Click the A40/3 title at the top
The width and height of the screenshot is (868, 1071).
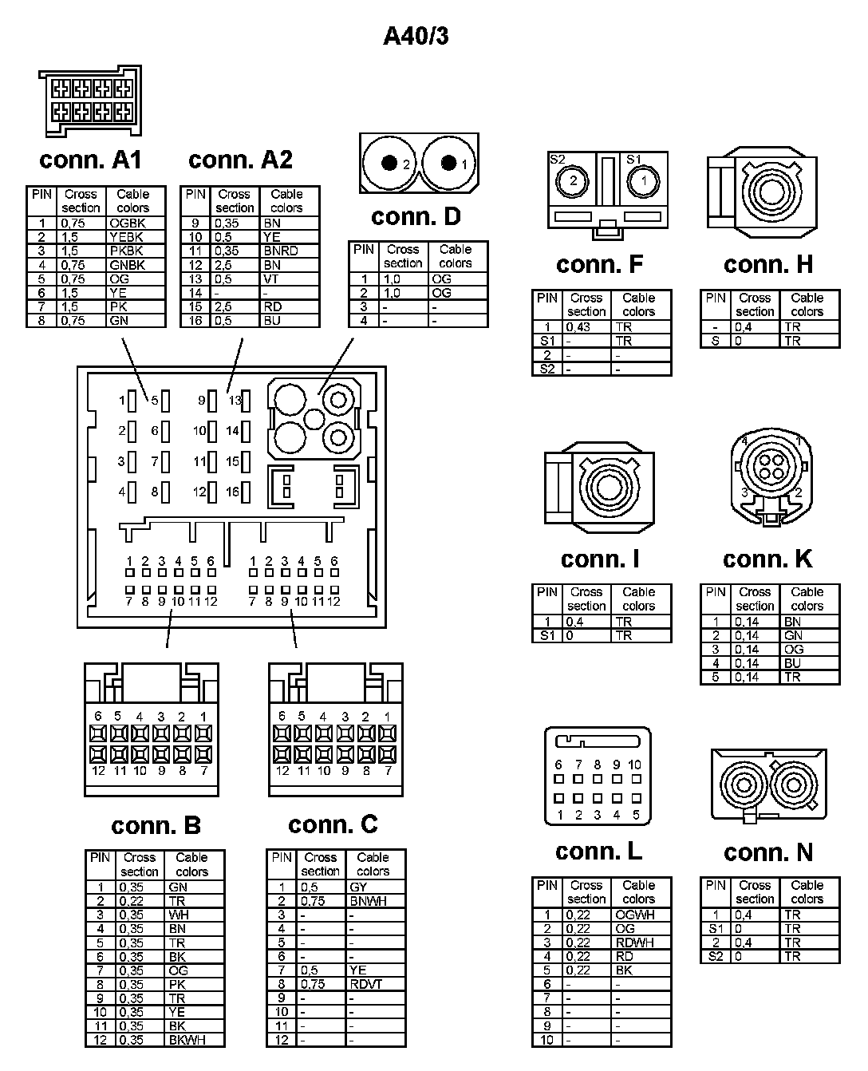point(416,36)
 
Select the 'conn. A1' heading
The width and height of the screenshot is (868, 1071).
point(90,160)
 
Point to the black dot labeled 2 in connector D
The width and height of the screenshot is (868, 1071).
point(389,164)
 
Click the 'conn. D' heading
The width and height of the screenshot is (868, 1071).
point(416,216)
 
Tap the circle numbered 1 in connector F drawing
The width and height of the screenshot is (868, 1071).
point(643,181)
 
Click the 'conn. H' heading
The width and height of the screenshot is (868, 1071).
point(768,264)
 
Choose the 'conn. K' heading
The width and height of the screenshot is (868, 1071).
point(767,559)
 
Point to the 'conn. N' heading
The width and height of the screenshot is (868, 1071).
point(767,852)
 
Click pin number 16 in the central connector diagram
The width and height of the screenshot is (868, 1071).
point(232,492)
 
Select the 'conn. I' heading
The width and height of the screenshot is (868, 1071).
point(600,559)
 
